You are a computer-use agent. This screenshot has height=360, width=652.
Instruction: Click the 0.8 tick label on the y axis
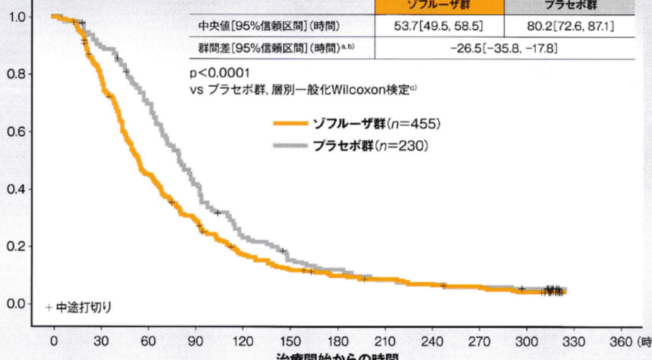[15, 74]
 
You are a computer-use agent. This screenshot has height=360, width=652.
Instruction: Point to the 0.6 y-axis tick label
[15, 132]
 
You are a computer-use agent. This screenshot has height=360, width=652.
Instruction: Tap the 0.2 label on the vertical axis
[15, 247]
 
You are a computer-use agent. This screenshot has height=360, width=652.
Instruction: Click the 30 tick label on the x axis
[100, 340]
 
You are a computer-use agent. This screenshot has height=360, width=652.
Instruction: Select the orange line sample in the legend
[290, 124]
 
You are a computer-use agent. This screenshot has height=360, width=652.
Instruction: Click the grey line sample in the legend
[290, 146]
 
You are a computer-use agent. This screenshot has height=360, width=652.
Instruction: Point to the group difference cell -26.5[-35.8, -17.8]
[504, 48]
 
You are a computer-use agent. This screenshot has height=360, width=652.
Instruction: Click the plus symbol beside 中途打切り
[48, 307]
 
